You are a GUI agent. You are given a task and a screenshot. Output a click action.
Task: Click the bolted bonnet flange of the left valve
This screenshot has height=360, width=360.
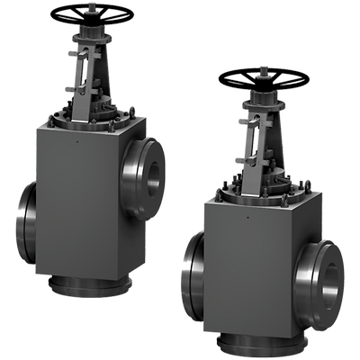coord(90,119)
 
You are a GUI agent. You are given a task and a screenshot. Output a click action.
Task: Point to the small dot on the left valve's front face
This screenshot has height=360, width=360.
coord(79,140)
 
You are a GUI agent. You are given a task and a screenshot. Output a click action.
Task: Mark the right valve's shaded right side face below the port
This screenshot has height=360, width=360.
coord(306,319)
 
